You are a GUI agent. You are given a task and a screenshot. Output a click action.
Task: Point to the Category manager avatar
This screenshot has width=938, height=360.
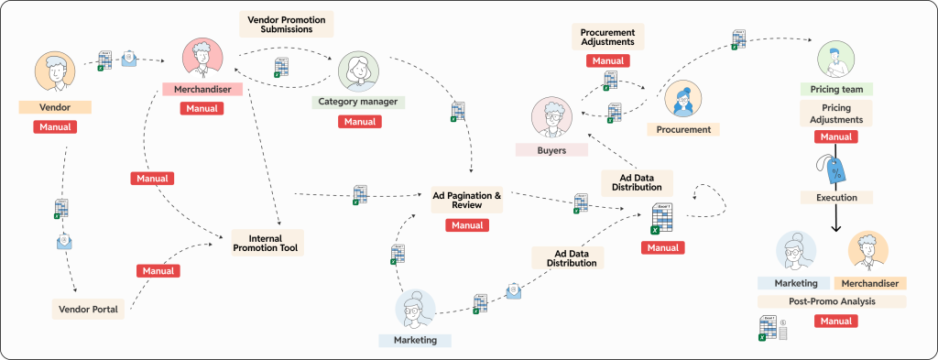358,71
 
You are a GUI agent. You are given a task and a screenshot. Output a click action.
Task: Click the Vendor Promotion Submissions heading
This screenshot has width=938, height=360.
286,24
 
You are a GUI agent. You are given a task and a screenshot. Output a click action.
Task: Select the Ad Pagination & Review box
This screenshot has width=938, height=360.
466,201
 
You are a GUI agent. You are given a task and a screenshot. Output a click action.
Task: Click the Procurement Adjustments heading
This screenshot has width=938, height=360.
607,37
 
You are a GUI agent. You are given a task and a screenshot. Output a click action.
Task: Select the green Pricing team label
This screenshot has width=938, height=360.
836,90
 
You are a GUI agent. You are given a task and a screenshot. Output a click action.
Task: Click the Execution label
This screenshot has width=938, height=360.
836,197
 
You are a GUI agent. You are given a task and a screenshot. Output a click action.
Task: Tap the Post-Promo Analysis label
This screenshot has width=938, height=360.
832,301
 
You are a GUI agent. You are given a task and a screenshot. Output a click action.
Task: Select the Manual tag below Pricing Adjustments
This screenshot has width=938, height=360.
835,137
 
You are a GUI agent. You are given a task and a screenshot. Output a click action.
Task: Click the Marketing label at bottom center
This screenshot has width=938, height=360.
415,340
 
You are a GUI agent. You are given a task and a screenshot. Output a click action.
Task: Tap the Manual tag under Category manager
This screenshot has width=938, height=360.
359,121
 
